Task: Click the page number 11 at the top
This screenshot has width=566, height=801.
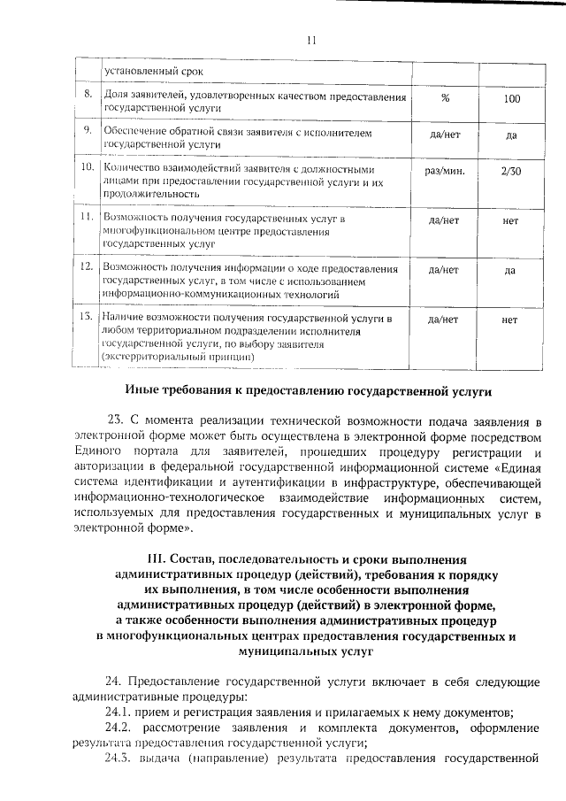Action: coord(310,40)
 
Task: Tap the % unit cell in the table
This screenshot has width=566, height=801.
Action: coord(444,98)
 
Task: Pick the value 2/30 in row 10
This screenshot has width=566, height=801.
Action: coord(510,173)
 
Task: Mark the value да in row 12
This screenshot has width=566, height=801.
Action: coord(510,270)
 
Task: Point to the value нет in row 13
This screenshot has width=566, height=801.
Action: coord(509,320)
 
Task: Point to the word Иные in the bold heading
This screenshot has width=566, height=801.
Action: coord(142,389)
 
